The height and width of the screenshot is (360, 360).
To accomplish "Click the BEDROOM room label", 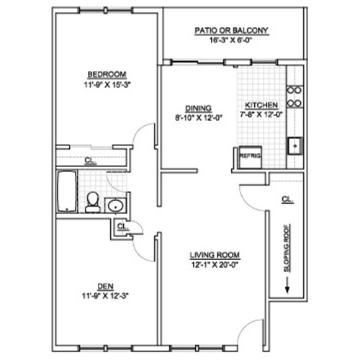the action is tap(107, 74).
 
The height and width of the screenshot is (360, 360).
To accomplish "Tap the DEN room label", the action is tap(106, 287).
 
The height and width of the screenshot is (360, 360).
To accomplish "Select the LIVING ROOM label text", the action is tap(215, 255).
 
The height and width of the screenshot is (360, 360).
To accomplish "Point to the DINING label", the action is tap(199, 109).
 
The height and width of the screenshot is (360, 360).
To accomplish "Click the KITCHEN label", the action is tap(261, 105).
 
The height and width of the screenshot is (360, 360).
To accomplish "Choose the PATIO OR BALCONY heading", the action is tap(231, 31).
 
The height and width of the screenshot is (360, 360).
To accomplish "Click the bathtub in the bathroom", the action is tap(67, 192).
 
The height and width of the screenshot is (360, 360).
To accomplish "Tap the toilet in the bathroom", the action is tap(93, 202).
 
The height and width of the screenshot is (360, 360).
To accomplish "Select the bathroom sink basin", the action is tap(115, 206).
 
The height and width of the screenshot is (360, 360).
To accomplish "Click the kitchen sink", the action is tap(295, 145).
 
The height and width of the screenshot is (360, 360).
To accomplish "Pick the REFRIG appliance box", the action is tap(251, 157).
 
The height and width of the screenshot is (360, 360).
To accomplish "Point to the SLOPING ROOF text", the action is tap(287, 248).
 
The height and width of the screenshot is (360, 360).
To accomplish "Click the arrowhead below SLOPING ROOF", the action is tap(287, 289).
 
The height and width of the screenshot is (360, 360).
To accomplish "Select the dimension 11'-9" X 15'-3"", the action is tap(107, 85).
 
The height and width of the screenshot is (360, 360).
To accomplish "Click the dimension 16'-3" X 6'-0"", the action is tap(230, 40).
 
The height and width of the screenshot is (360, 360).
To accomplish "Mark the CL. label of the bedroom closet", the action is tap(91, 161).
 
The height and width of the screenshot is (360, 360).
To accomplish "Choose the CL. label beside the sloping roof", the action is tap(287, 199).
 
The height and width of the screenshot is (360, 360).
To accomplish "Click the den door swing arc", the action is tap(140, 254).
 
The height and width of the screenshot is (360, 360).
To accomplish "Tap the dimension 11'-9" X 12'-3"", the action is tap(106, 296).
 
